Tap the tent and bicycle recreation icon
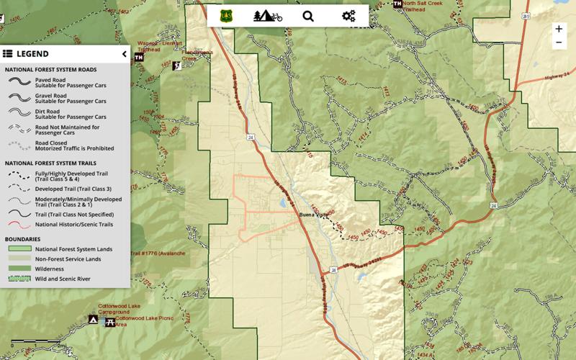[x=267, y=16]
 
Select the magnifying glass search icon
[x=308, y=16]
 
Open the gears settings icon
[x=349, y=16]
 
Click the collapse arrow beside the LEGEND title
[x=124, y=54]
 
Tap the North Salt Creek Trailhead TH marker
[x=398, y=4]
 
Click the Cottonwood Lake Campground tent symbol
[x=93, y=319]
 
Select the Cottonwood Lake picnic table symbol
[x=109, y=322]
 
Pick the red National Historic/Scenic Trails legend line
[x=19, y=225]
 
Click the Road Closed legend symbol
[x=19, y=146]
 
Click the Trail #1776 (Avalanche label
[x=158, y=253]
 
